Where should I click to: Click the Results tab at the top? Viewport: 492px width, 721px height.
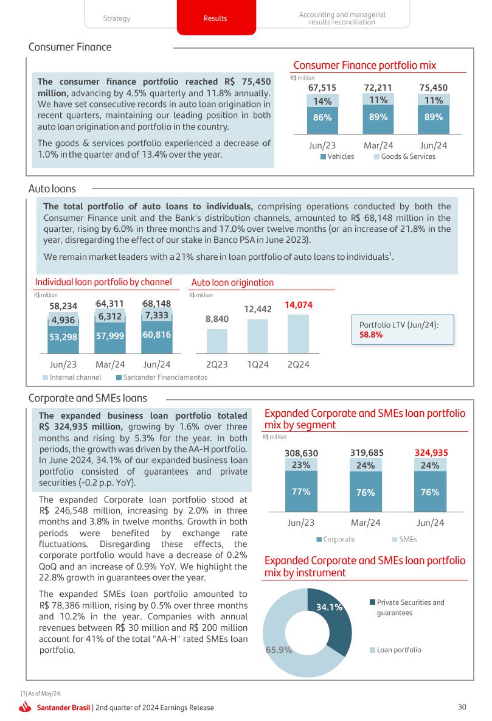215,18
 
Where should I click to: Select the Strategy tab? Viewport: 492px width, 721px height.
117,18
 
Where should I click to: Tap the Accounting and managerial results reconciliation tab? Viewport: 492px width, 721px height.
342,18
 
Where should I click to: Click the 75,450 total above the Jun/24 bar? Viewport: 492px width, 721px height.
434,88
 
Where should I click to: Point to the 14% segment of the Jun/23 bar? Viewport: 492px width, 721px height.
322,102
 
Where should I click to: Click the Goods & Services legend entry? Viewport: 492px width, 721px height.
404,156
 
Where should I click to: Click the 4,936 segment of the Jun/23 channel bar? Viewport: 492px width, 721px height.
63,321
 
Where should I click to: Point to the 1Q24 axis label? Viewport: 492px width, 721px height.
258,364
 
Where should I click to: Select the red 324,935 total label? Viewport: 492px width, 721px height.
431,453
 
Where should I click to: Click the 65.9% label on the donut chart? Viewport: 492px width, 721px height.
279,649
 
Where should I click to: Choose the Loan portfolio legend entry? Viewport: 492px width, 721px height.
398,650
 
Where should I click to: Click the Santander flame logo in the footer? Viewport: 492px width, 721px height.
26,707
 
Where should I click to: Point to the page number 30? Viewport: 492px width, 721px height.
462,707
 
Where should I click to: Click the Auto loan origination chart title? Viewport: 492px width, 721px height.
232,282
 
